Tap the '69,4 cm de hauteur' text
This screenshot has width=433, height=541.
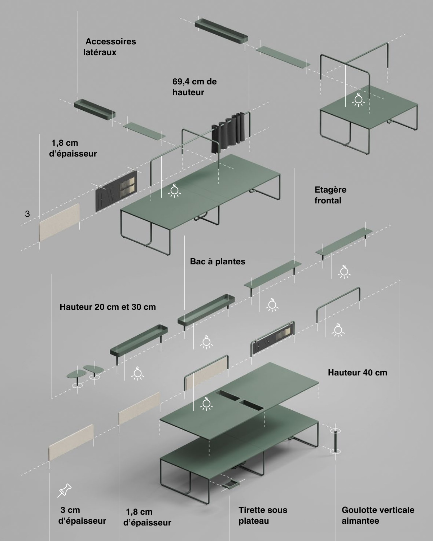tap(194, 87)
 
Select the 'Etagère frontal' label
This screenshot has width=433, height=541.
tap(330, 195)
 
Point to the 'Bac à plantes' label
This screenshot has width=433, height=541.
tap(218, 261)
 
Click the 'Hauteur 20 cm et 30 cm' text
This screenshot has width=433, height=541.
tap(108, 307)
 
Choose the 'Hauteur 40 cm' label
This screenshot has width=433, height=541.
tap(357, 373)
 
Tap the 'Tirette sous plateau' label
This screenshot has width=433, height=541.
tap(263, 515)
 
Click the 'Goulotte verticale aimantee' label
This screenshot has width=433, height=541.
tap(377, 515)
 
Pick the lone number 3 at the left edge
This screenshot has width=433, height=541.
tap(27, 214)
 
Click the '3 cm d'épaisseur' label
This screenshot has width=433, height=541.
tap(82, 515)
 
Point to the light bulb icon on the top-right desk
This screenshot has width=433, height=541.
tap(358, 100)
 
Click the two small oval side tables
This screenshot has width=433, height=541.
tap(85, 373)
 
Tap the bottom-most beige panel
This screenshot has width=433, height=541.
tap(71, 442)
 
